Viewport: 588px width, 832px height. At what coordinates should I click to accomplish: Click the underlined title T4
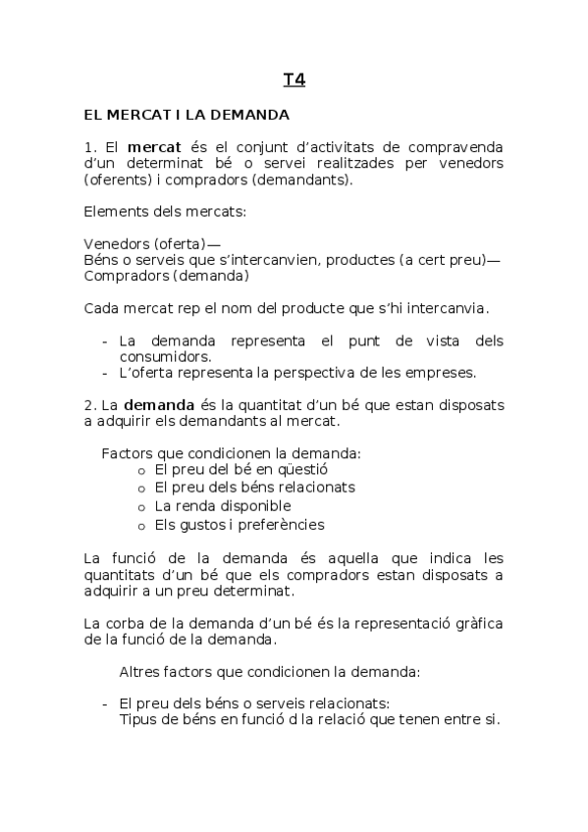[x=294, y=79]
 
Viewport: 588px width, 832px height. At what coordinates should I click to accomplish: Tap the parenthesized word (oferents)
[x=118, y=180]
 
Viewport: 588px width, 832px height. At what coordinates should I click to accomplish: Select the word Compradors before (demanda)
[x=124, y=276]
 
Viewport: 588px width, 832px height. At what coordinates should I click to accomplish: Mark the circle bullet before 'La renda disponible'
[x=142, y=506]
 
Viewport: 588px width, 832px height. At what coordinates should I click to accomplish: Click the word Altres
[x=140, y=672]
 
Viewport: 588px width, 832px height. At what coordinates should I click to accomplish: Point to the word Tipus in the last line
[x=136, y=719]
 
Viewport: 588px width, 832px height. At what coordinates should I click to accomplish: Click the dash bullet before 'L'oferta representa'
[x=105, y=372]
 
